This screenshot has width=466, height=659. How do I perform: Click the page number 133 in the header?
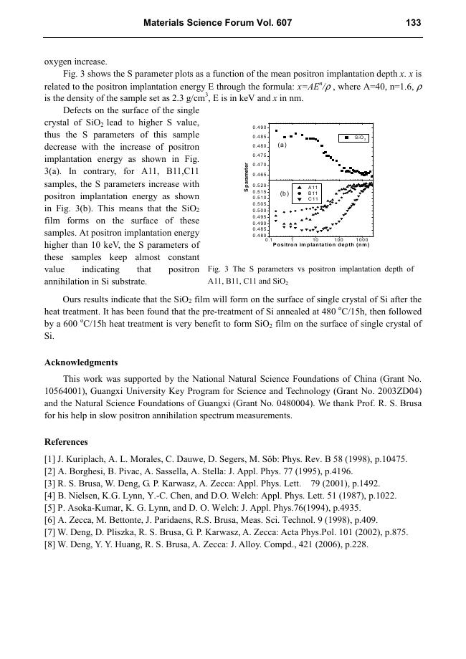click(x=413, y=23)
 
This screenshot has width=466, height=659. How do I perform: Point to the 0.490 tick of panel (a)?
click(x=260, y=128)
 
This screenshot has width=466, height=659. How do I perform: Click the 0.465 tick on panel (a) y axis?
click(x=260, y=174)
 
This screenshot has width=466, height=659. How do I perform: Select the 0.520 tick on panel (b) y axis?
click(x=260, y=186)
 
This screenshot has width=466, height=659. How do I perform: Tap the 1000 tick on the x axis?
click(x=361, y=239)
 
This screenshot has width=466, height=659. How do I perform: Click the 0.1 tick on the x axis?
click(x=268, y=239)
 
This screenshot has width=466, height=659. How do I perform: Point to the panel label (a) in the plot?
click(x=282, y=145)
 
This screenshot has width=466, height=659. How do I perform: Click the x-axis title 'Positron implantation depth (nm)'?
click(x=321, y=245)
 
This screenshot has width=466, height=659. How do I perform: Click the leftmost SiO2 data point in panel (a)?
click(x=277, y=131)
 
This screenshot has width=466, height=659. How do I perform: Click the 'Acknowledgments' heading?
click(x=81, y=362)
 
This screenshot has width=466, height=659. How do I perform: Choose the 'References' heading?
click(x=66, y=441)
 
